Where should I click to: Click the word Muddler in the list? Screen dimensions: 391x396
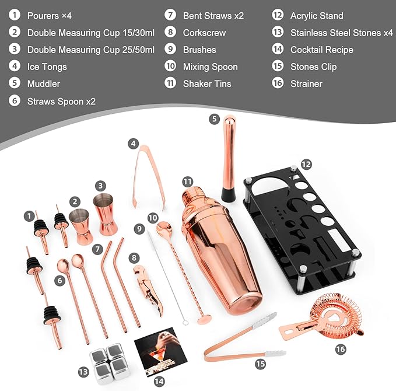click(x=44, y=84)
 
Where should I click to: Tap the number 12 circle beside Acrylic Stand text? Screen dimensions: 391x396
click(x=278, y=16)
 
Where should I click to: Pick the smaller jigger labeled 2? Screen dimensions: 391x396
click(x=81, y=227)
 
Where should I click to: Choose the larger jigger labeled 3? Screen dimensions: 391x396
click(x=106, y=214)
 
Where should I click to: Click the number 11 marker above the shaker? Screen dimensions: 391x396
click(x=187, y=181)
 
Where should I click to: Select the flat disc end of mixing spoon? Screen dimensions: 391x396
click(x=205, y=320)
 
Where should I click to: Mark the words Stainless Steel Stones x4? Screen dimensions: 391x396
click(x=341, y=33)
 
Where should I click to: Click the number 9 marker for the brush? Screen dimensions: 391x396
click(x=139, y=229)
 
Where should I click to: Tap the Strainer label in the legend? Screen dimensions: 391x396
click(x=306, y=84)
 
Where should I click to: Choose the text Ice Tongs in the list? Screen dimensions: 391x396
click(x=47, y=67)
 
